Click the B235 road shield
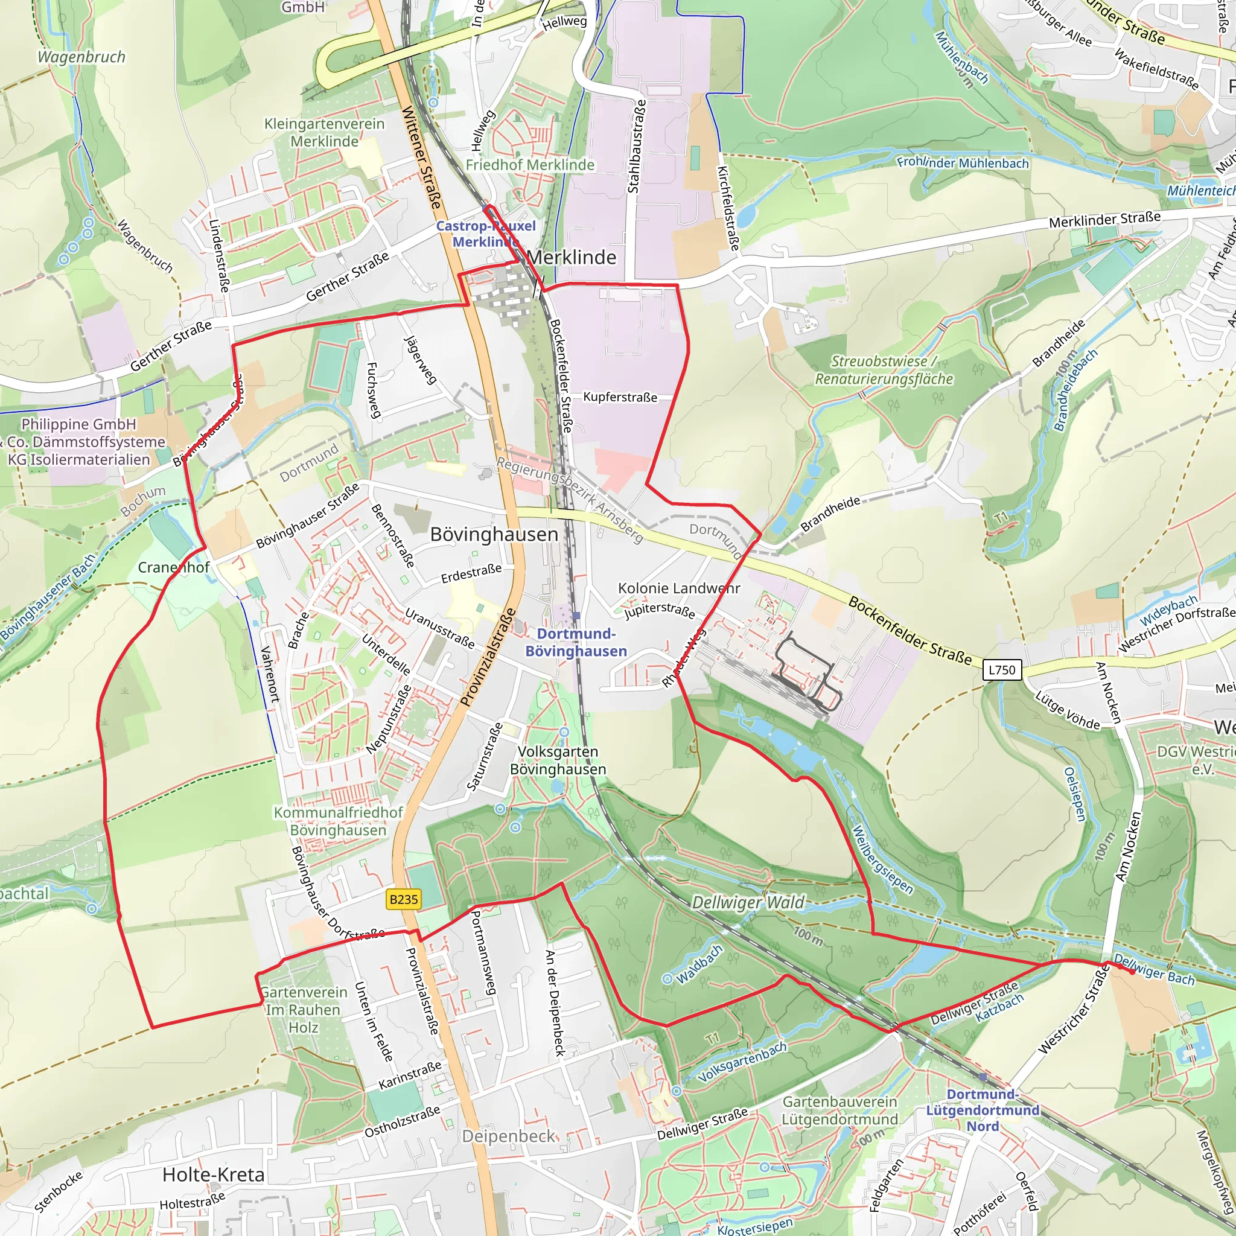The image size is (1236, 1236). [x=404, y=899]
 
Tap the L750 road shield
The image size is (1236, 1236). [x=1002, y=670]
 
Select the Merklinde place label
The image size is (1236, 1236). [x=572, y=257]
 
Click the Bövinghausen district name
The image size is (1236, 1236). [x=494, y=534]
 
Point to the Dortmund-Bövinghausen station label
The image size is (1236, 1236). [x=576, y=642]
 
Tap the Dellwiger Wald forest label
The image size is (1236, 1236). [x=748, y=903]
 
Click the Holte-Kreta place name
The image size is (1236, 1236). [x=213, y=1174]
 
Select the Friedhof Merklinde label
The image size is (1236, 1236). [x=530, y=165]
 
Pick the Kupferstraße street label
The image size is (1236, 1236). [x=620, y=397]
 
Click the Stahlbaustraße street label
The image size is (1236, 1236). [x=634, y=147]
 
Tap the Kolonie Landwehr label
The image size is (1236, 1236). [x=679, y=588]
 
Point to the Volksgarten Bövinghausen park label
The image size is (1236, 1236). [x=558, y=760]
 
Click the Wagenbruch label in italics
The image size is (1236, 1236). [x=81, y=57]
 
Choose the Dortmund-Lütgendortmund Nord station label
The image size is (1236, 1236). [x=983, y=1110]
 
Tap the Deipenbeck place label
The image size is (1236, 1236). [x=509, y=1136]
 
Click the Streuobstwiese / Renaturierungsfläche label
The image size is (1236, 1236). [x=884, y=371]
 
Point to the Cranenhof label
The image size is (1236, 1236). [x=173, y=567]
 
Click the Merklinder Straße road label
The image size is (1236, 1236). [x=1104, y=220]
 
